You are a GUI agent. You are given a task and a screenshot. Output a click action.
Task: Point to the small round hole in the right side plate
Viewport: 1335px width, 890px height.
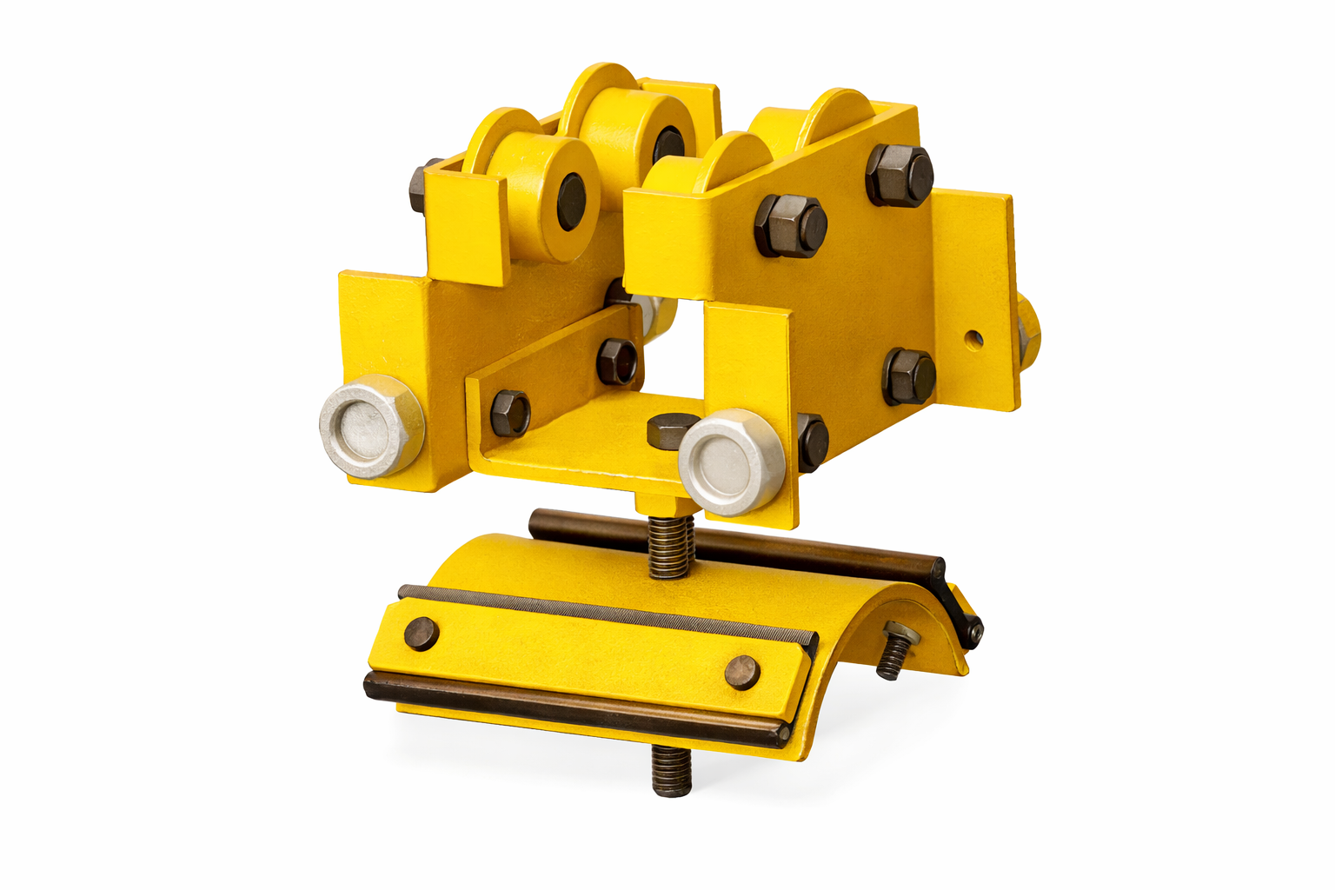[974, 336]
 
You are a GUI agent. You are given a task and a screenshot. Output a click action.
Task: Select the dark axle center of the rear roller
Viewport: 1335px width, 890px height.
[668, 146]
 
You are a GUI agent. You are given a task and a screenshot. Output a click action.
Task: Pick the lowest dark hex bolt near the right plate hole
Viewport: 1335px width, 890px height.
[909, 377]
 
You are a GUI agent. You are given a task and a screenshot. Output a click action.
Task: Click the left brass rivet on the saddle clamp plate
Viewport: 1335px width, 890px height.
[422, 633]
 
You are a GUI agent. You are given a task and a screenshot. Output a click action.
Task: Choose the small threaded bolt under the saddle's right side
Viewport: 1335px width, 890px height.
[892, 653]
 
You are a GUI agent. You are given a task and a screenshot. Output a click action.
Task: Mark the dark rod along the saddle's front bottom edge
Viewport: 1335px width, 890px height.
[574, 707]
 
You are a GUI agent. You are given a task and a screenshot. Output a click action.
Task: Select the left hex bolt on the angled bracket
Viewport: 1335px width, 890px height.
[509, 414]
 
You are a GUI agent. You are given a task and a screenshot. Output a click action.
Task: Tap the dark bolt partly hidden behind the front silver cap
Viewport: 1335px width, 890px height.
[811, 442]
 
